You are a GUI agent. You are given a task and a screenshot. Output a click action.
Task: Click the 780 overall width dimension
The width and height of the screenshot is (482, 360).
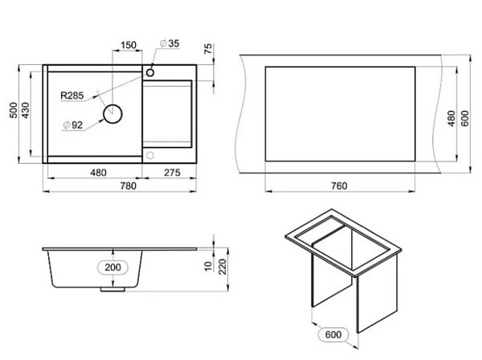pyautogui.click(x=128, y=186)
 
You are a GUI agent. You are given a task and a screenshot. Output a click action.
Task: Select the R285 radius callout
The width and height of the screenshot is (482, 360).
pyautogui.click(x=72, y=96)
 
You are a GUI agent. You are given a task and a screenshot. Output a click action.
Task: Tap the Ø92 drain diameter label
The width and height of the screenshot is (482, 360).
pyautogui.click(x=73, y=125)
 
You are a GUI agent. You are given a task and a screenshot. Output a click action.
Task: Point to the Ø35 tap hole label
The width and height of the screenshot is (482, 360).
pyautogui.click(x=170, y=43)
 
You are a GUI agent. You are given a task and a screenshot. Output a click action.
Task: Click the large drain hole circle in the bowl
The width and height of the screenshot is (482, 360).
pyautogui.click(x=112, y=114)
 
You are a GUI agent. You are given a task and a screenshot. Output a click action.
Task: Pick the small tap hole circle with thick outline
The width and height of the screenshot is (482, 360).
pyautogui.click(x=150, y=72)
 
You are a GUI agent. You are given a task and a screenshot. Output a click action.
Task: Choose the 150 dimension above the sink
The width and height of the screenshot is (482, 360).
pyautogui.click(x=128, y=45)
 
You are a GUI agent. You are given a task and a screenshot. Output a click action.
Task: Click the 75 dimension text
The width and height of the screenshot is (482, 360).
pyautogui.click(x=208, y=49)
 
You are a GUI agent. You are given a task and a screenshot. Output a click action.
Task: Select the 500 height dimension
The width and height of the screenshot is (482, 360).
pyautogui.click(x=14, y=110)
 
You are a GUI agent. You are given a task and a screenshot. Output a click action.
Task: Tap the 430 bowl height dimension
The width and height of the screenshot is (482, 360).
pyautogui.click(x=25, y=110)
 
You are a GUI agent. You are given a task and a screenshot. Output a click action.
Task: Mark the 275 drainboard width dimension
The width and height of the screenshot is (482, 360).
pyautogui.click(x=172, y=173)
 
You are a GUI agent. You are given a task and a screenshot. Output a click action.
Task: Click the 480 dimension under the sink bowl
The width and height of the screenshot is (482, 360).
pyautogui.click(x=98, y=173)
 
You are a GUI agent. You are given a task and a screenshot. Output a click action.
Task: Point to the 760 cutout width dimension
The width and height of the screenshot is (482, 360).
pyautogui.click(x=339, y=186)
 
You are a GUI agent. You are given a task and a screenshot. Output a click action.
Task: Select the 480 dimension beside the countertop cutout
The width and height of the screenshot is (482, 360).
pyautogui.click(x=451, y=118)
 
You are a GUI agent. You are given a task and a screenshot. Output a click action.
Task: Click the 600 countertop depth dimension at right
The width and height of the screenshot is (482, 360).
pyautogui.click(x=465, y=118)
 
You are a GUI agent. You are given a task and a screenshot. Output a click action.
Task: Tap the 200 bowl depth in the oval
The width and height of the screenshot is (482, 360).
pyautogui.click(x=112, y=267)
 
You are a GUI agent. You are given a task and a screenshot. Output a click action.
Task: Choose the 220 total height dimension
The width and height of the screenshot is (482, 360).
pyautogui.click(x=223, y=267)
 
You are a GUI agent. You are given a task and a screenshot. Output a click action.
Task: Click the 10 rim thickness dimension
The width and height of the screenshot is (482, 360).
pyautogui.click(x=209, y=266)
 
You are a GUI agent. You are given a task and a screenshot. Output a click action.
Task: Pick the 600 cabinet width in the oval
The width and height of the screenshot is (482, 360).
pyautogui.click(x=333, y=334)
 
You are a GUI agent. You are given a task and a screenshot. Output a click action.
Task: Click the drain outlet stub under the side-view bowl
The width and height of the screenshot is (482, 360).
pyautogui.click(x=112, y=289)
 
